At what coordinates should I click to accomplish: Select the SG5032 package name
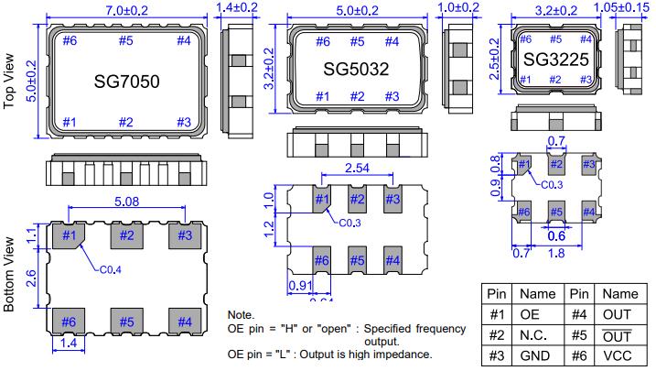(357, 69)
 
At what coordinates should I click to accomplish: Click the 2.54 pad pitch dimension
(356, 169)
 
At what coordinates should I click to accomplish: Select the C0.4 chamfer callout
(113, 269)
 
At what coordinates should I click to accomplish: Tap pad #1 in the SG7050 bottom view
(68, 235)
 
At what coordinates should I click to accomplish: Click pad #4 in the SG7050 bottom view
(184, 322)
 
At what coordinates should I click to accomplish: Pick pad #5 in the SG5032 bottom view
(357, 259)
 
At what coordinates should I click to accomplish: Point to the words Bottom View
(11, 275)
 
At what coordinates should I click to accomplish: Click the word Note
(242, 314)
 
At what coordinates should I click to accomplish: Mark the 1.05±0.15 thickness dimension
(625, 9)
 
